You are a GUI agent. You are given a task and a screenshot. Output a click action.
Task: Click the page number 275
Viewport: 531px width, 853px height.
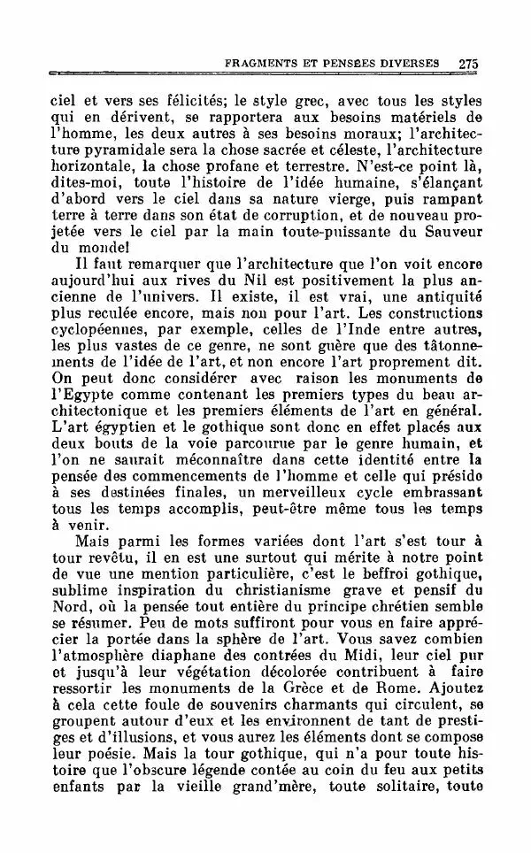click(x=468, y=64)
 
